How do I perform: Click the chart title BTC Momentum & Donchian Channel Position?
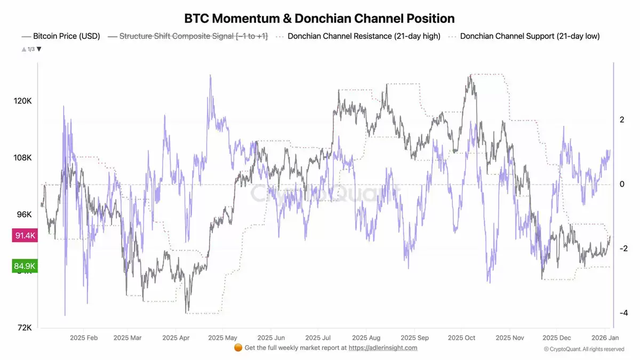coord(319,18)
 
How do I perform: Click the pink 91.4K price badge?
coord(25,235)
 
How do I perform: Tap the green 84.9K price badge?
coord(25,266)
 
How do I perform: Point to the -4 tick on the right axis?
coord(622,313)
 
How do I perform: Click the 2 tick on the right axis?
coord(622,120)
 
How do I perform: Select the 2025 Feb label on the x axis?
coord(84,338)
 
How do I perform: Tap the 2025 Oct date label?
coord(461,338)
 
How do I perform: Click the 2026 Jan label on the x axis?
coord(606,338)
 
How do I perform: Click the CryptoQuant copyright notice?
coord(584,349)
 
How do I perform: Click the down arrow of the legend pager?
coord(39,49)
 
